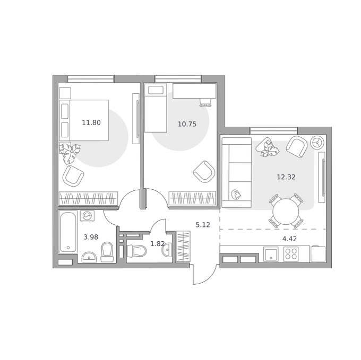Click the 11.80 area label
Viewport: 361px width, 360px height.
tap(91, 122)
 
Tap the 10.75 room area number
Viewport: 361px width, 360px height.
tap(187, 124)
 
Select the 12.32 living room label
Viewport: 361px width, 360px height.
tap(286, 177)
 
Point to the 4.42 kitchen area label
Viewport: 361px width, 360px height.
tap(289, 239)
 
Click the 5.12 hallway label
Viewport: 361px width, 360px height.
tap(203, 225)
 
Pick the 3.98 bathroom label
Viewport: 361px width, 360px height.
tap(91, 237)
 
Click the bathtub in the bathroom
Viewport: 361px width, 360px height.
tap(68, 232)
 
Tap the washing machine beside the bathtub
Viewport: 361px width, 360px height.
tap(87, 216)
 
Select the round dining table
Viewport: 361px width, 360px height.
tap(286, 212)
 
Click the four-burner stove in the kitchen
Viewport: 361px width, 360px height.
tap(291, 254)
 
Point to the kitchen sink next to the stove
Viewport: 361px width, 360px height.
tap(271, 254)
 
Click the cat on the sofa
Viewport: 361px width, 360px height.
tap(236, 195)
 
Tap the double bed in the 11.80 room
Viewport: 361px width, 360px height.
tap(84, 120)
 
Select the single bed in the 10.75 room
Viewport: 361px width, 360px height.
tap(156, 108)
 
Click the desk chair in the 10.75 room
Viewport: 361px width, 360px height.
tap(205, 102)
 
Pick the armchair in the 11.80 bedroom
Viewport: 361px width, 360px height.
tap(73, 175)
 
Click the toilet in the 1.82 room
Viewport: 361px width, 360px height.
tap(137, 251)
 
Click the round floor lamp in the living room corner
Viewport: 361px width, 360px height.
tap(317, 143)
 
